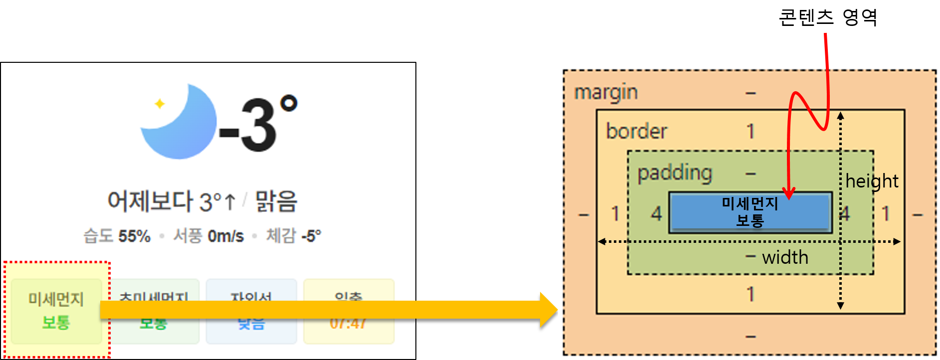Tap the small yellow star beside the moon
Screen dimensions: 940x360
tap(160, 104)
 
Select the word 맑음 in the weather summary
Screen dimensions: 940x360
tap(276, 201)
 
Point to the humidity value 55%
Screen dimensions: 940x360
tap(134, 236)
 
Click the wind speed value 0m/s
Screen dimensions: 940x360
tap(225, 236)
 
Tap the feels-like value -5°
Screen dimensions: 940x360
tap(311, 236)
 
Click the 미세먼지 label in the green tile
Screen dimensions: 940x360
tap(56, 299)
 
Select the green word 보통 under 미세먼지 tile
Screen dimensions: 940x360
tap(56, 322)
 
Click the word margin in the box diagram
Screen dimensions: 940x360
tap(606, 93)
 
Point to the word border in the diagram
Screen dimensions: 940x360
tap(636, 132)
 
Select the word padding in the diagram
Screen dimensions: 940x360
tap(675, 173)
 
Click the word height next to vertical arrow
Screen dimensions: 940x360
tap(872, 181)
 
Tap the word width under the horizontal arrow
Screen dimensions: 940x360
tap(785, 257)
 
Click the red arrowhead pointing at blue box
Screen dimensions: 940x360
tap(789, 193)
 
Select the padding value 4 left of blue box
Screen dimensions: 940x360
tap(656, 214)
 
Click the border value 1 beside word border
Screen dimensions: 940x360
tap(750, 132)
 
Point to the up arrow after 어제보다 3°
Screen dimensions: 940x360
tap(230, 202)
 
